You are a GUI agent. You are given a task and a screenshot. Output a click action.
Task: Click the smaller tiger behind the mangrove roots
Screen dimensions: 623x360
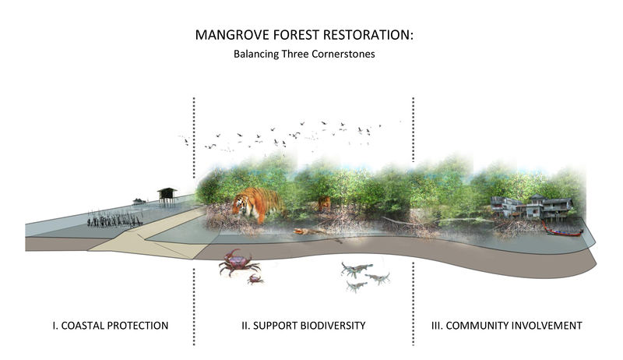pyautogui.click(x=324, y=203)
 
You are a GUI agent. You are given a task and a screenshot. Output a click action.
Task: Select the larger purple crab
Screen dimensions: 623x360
pyautogui.click(x=238, y=263)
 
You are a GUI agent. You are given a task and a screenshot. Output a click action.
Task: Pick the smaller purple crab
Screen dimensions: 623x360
pyautogui.click(x=255, y=279)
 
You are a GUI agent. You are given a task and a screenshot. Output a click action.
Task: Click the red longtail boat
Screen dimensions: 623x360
pyautogui.click(x=562, y=231)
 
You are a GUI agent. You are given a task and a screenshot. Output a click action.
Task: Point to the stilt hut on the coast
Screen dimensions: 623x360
pyautogui.click(x=167, y=196)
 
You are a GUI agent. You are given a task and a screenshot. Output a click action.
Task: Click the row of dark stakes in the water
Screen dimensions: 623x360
pyautogui.click(x=114, y=221)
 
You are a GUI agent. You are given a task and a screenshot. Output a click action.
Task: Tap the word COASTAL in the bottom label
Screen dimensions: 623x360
pyautogui.click(x=83, y=326)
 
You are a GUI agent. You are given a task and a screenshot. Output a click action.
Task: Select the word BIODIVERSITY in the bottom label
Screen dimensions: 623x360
pyautogui.click(x=333, y=326)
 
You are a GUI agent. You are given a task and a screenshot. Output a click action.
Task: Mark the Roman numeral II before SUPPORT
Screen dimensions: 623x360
pyautogui.click(x=245, y=326)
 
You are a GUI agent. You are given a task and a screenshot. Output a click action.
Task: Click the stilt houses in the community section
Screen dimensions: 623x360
pyautogui.click(x=532, y=206)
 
